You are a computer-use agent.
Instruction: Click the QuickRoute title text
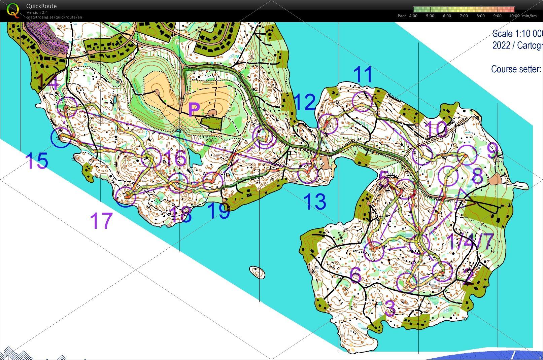[x=41, y=6]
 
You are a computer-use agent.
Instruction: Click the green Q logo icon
[x=13, y=10]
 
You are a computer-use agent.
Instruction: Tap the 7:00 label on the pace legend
[x=464, y=16]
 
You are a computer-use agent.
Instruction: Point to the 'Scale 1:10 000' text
[x=517, y=34]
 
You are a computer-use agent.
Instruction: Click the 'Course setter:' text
[x=516, y=69]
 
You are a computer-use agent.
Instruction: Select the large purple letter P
[x=194, y=110]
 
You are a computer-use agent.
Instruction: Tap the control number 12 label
[x=305, y=102]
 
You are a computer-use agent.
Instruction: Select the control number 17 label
[x=101, y=221]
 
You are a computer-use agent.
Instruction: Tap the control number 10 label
[x=436, y=129]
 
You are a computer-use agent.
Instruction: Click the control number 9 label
[x=492, y=152]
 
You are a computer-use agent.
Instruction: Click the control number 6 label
[x=355, y=275]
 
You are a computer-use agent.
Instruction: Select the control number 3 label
[x=390, y=308]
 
